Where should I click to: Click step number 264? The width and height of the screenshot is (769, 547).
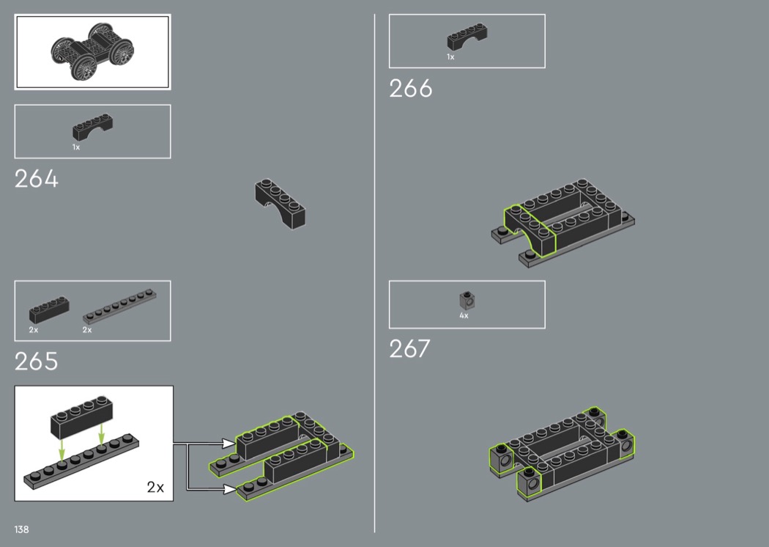tap(37, 179)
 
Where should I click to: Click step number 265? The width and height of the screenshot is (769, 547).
tap(37, 361)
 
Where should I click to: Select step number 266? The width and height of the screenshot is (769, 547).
tap(410, 89)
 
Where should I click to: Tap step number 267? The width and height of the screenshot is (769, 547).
tap(409, 348)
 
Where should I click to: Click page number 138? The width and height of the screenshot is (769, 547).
tap(21, 529)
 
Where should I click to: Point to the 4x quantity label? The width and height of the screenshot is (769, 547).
tap(464, 316)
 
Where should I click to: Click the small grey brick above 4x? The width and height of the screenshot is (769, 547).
tap(467, 300)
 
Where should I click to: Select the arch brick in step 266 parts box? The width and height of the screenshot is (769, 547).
tap(467, 37)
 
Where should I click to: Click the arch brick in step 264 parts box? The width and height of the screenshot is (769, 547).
tap(93, 128)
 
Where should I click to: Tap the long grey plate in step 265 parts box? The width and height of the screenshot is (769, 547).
tap(119, 306)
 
